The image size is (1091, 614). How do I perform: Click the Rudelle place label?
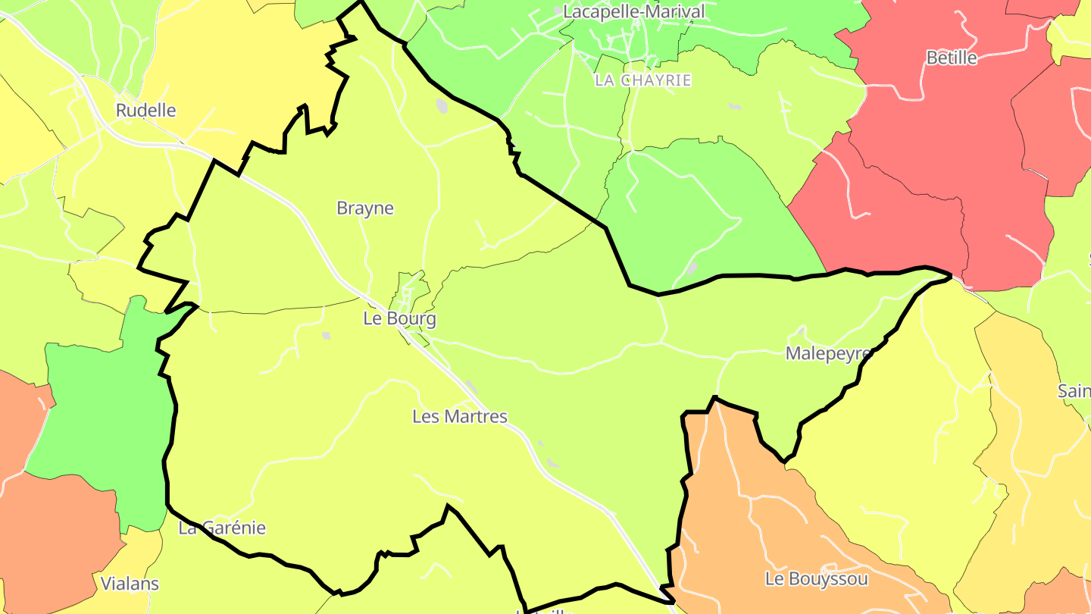click(x=145, y=111)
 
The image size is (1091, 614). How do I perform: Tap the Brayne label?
click(x=365, y=208)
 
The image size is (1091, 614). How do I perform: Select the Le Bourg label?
click(x=399, y=319)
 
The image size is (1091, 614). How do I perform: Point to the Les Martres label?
click(x=459, y=416)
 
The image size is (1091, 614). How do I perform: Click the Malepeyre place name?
click(x=829, y=354)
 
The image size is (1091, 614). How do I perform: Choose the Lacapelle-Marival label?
click(x=633, y=12)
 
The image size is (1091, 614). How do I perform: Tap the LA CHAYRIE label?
click(x=642, y=80)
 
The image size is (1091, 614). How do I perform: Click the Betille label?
click(x=952, y=58)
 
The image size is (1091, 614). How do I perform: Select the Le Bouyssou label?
click(x=816, y=579)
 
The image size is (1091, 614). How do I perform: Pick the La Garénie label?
click(x=222, y=528)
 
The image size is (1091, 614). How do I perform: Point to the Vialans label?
click(x=130, y=584)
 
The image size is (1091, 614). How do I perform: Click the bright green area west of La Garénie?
click(x=98, y=424)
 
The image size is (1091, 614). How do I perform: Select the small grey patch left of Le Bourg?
click(x=326, y=334)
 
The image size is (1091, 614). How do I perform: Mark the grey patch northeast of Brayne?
click(x=442, y=106)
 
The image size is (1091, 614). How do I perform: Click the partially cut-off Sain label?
click(x=1074, y=392)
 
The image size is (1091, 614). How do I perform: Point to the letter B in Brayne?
click(x=342, y=208)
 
